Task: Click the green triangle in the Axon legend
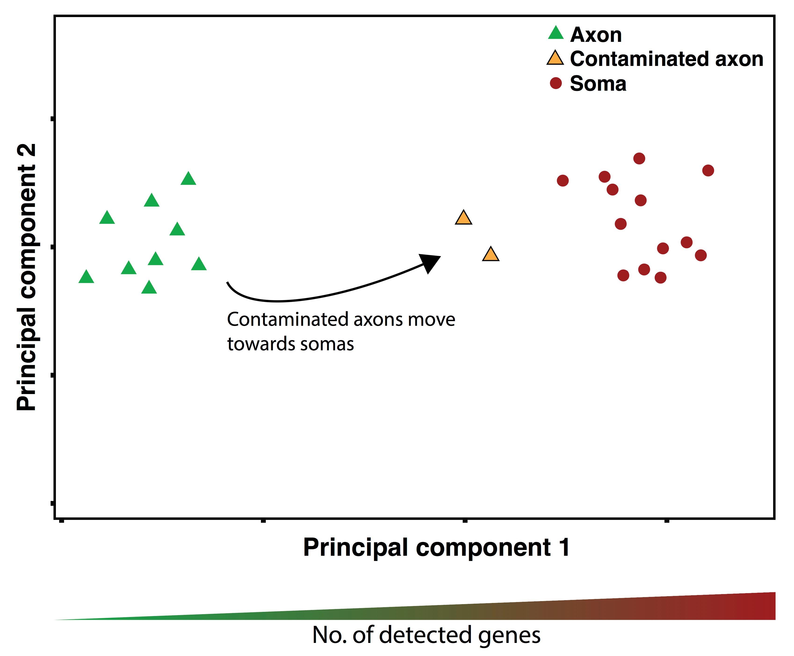tap(556, 33)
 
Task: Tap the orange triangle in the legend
tap(555, 58)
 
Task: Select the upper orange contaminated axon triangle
tap(464, 218)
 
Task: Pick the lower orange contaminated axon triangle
tap(491, 254)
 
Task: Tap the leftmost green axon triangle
tap(86, 277)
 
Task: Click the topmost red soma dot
tap(639, 158)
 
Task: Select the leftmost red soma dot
tap(563, 181)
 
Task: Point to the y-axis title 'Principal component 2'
tap(26, 277)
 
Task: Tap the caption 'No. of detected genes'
tap(426, 635)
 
